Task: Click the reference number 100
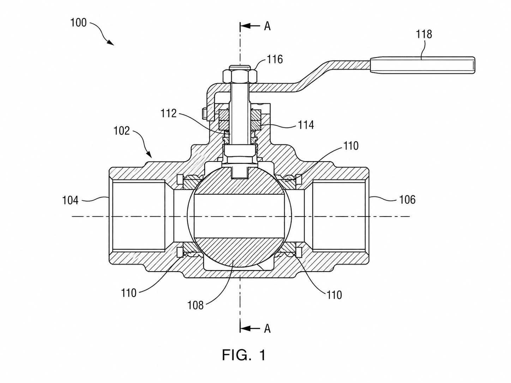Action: click(x=78, y=23)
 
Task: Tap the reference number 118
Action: click(x=424, y=34)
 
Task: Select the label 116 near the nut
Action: click(x=275, y=59)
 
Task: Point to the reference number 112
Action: click(x=169, y=113)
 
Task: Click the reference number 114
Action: click(x=306, y=125)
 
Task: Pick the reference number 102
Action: click(x=121, y=131)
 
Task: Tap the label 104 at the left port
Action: click(x=70, y=200)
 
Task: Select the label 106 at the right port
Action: click(x=407, y=200)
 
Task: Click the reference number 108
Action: click(x=196, y=305)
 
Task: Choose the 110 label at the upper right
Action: click(x=350, y=146)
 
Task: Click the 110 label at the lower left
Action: click(x=129, y=293)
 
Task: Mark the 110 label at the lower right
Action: click(x=334, y=295)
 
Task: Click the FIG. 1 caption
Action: click(x=244, y=355)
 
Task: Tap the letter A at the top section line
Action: click(x=267, y=26)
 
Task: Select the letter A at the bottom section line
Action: click(x=267, y=329)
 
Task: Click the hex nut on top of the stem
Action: click(x=240, y=76)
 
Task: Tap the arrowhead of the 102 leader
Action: click(x=149, y=154)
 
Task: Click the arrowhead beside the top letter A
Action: click(x=246, y=26)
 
